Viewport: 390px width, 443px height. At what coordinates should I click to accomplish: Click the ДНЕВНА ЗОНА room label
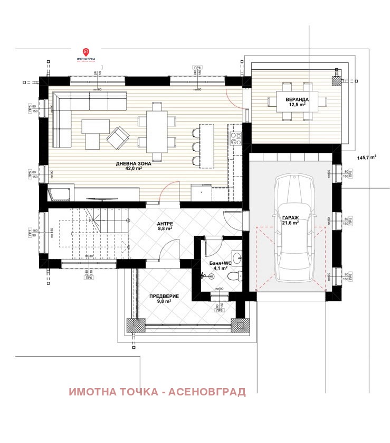[x=134, y=164]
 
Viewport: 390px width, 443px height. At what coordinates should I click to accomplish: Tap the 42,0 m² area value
[x=134, y=170]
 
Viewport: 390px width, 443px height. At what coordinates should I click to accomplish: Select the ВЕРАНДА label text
[x=291, y=99]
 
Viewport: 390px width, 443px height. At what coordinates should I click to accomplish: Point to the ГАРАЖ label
[x=290, y=217]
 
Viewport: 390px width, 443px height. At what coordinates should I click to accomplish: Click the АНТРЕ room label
[x=165, y=223]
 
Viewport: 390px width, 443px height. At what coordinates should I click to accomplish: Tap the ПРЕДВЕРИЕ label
[x=163, y=296]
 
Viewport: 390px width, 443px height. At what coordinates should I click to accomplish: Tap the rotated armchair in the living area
[x=118, y=138]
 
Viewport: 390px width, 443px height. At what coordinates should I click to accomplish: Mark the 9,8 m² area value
[x=163, y=302]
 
